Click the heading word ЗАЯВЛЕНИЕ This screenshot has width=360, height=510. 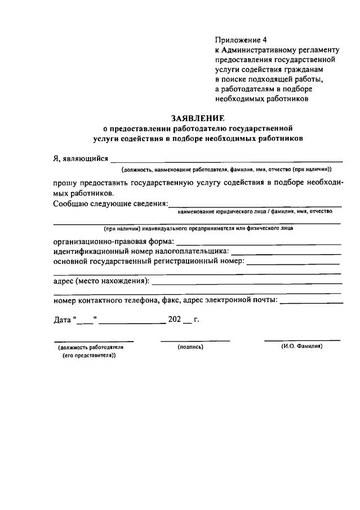coord(197,118)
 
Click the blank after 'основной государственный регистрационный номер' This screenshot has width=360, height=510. coord(293,263)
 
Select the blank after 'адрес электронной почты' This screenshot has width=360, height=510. coord(311,302)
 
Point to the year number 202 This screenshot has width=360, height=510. coord(174,320)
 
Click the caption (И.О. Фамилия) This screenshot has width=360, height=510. coord(302,347)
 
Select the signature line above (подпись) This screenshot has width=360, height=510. coord(195,341)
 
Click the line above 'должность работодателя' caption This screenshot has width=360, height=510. coord(94,341)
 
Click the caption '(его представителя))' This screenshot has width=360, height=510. coord(89,356)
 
